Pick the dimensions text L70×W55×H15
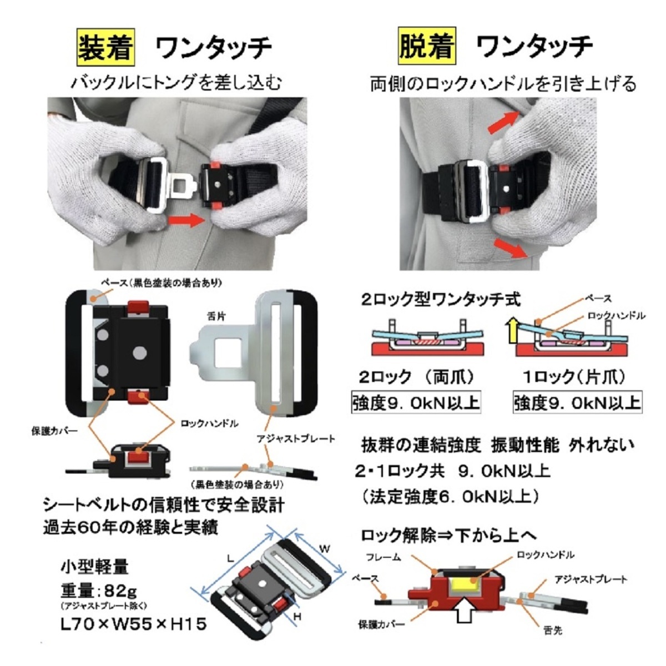[x=133, y=624]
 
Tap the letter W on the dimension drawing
[x=325, y=549]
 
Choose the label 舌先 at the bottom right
[x=552, y=631]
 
